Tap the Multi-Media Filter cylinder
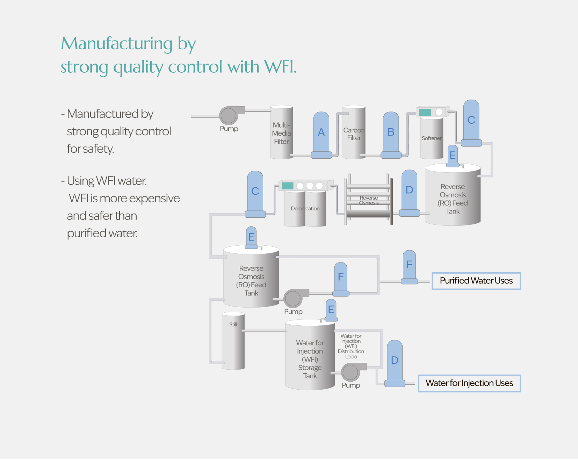click(x=281, y=133)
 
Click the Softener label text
click(x=432, y=138)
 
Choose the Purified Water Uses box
click(x=476, y=281)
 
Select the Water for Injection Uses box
click(x=469, y=383)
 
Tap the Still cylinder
click(x=233, y=341)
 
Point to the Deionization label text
click(x=305, y=209)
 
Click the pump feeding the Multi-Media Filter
click(x=229, y=116)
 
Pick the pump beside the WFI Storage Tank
click(x=351, y=372)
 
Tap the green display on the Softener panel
click(x=425, y=112)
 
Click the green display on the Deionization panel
click(x=287, y=186)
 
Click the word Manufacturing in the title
click(x=117, y=44)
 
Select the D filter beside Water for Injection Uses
click(x=395, y=363)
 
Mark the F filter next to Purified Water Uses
click(x=409, y=267)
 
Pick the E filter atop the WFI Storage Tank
click(x=331, y=310)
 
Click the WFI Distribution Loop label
click(x=351, y=346)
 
